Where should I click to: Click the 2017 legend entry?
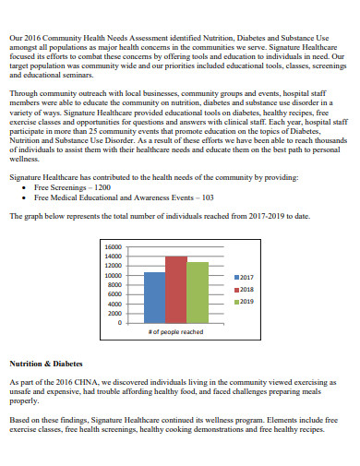click(246, 277)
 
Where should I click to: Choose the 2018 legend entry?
click(246, 289)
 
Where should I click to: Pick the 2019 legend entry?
click(246, 302)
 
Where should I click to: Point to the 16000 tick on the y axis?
click(114, 247)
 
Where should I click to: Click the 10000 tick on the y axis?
click(114, 276)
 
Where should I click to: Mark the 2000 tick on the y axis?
click(115, 314)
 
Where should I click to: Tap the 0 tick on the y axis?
click(119, 323)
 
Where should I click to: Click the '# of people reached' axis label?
click(175, 331)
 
